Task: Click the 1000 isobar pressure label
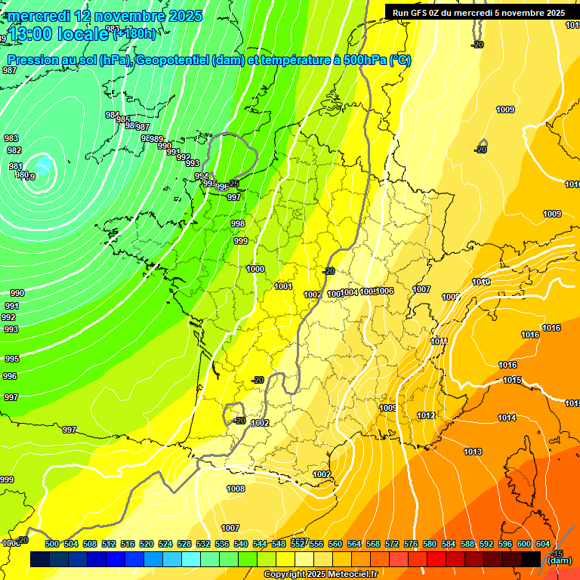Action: coord(255,269)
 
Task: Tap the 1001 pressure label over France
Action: coord(284,286)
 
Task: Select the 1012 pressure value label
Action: coord(426,415)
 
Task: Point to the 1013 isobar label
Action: coord(473,452)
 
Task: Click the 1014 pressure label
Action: coord(507,418)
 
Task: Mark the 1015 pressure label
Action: coord(512,380)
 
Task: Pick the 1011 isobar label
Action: coord(439,341)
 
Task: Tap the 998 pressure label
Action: coord(238,224)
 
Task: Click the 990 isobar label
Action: coord(17,293)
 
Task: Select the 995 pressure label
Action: coord(11,359)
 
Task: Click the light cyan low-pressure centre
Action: coord(43,165)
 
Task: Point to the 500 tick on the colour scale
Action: coord(52,544)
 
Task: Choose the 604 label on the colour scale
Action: coord(543,544)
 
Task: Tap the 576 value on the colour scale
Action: coord(411,544)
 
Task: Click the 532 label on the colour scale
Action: coord(203,544)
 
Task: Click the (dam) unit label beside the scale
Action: coord(559,560)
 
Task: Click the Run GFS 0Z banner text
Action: coord(479,13)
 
